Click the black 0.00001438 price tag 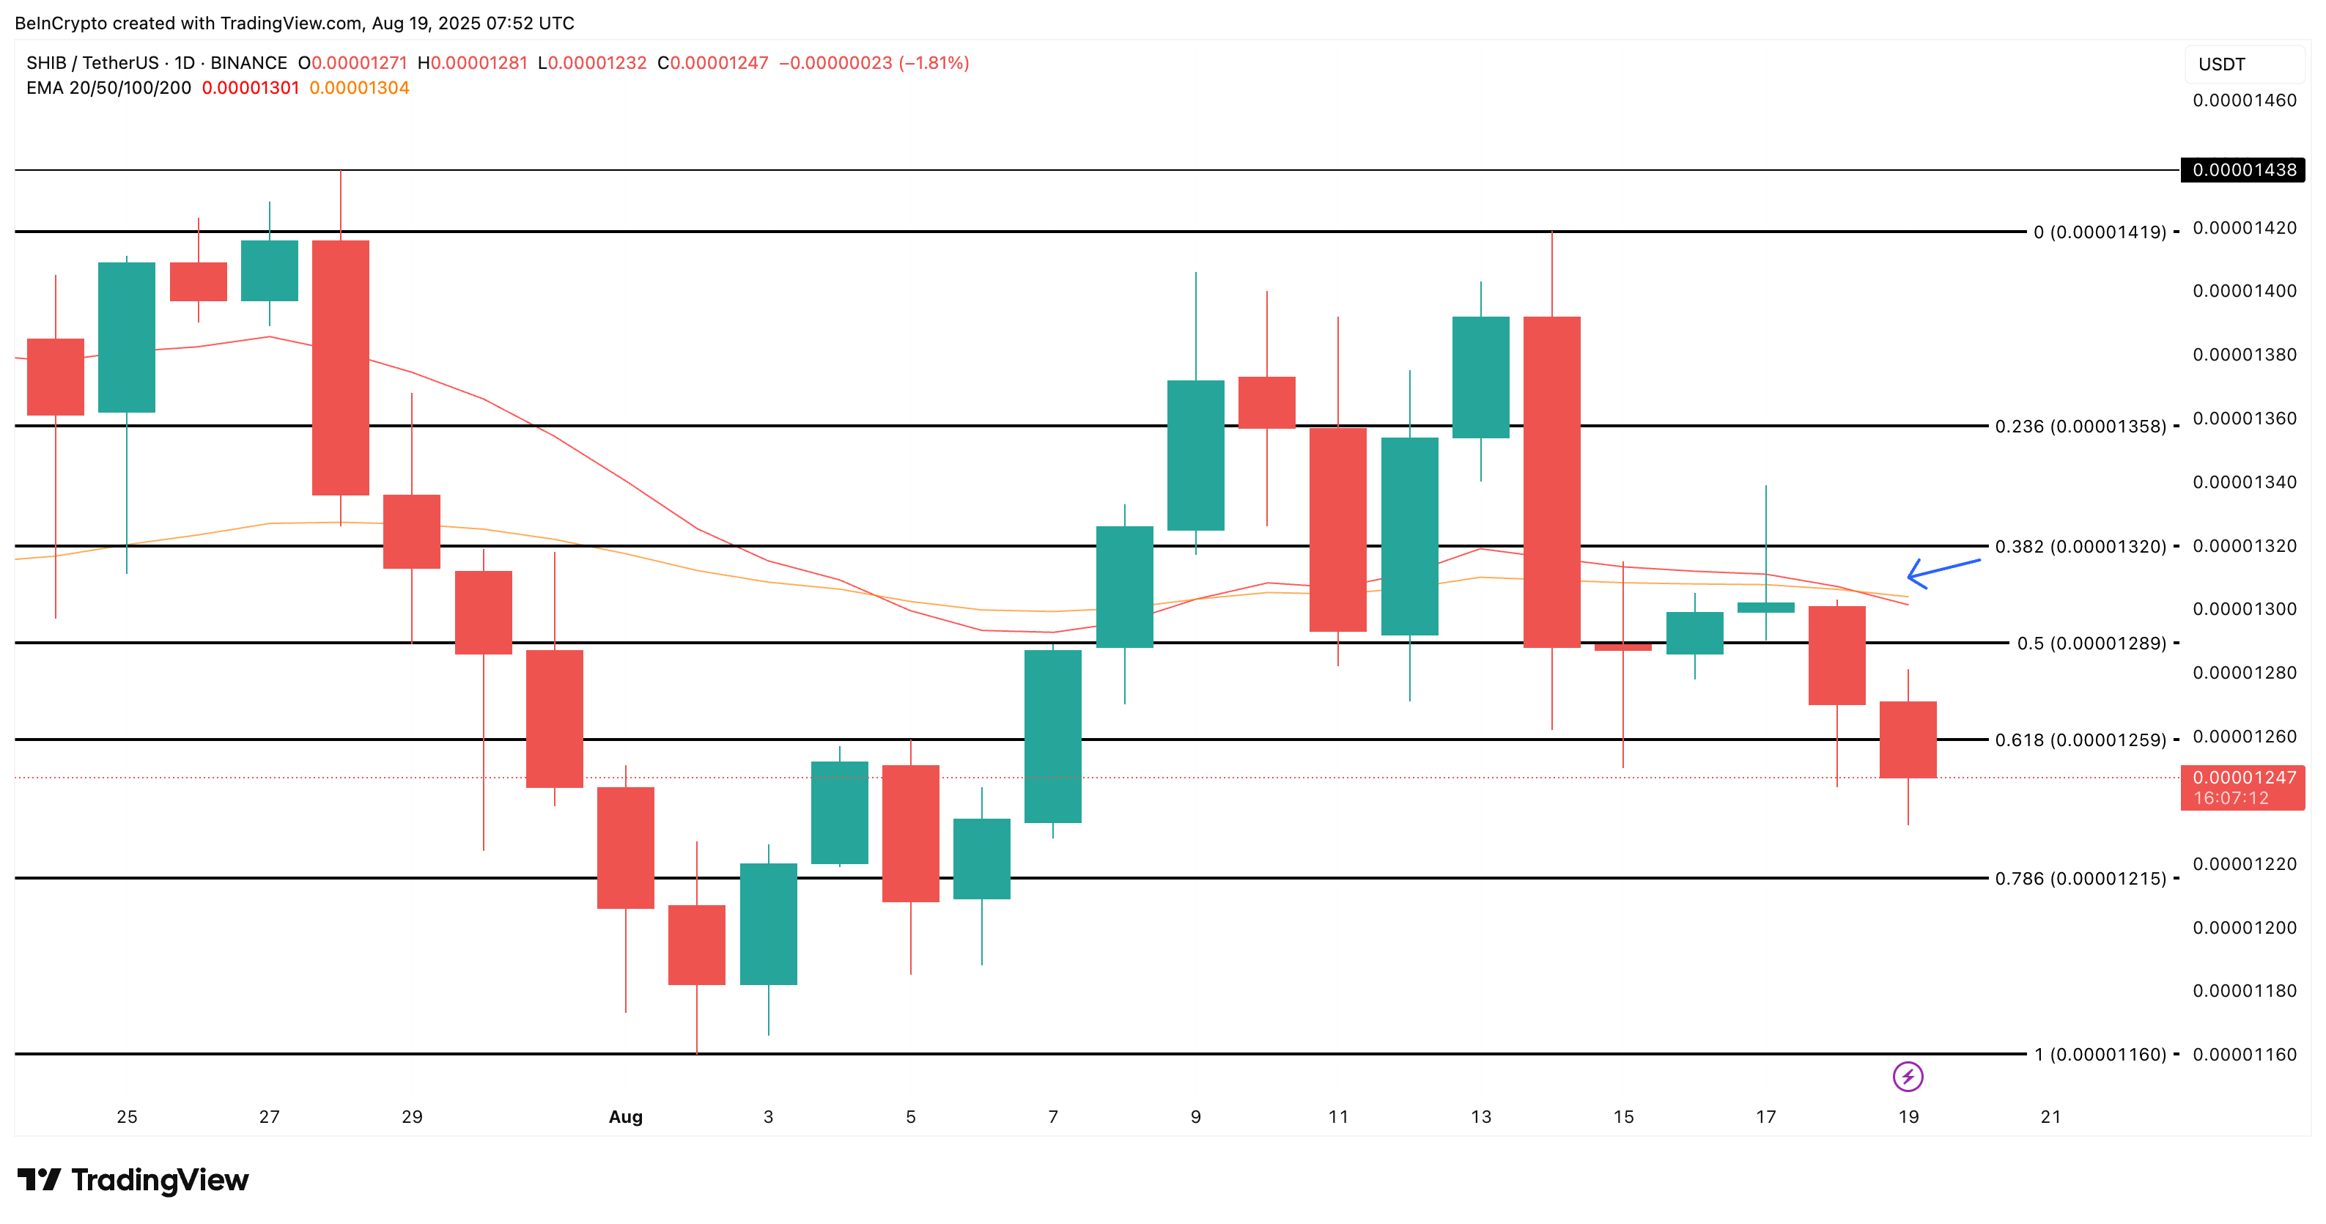pyautogui.click(x=2243, y=170)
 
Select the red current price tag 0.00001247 pyautogui.click(x=2243, y=786)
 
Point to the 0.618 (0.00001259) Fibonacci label pyautogui.click(x=2080, y=740)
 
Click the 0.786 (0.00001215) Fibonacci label pyautogui.click(x=2080, y=878)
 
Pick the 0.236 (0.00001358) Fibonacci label pyautogui.click(x=2080, y=427)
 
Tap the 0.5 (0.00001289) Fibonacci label pyautogui.click(x=2090, y=644)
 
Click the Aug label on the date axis pyautogui.click(x=625, y=1116)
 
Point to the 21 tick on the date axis pyautogui.click(x=2050, y=1116)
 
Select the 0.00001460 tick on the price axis pyautogui.click(x=2244, y=100)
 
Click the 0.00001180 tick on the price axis pyautogui.click(x=2244, y=991)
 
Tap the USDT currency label pyautogui.click(x=2221, y=64)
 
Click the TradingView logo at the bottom pyautogui.click(x=133, y=1180)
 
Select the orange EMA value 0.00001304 pyautogui.click(x=358, y=88)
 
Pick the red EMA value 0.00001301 pyautogui.click(x=250, y=88)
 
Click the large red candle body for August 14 pyautogui.click(x=1551, y=482)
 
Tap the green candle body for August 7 pyautogui.click(x=1053, y=736)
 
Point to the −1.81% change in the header pyautogui.click(x=934, y=63)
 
